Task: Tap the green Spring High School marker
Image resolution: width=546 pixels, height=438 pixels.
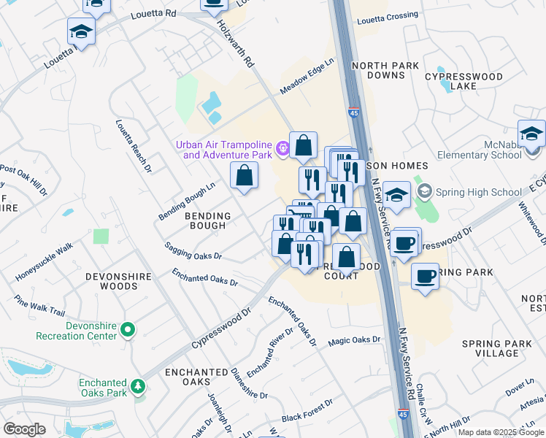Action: click(423, 193)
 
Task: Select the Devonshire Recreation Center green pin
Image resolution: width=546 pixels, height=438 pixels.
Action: click(128, 331)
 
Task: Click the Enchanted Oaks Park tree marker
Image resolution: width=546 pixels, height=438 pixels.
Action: click(136, 383)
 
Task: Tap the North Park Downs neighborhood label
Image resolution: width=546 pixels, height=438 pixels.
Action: click(385, 71)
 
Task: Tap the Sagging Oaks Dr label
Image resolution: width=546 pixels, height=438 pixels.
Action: click(193, 252)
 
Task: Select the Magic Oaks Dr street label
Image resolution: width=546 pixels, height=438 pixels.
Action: click(355, 339)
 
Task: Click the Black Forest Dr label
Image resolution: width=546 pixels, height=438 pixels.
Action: click(312, 417)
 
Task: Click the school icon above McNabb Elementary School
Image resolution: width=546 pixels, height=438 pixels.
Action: click(531, 133)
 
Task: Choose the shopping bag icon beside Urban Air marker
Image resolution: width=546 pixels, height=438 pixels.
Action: click(303, 145)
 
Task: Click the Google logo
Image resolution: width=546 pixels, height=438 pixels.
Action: click(25, 429)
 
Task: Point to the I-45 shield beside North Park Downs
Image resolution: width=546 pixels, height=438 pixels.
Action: click(354, 113)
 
